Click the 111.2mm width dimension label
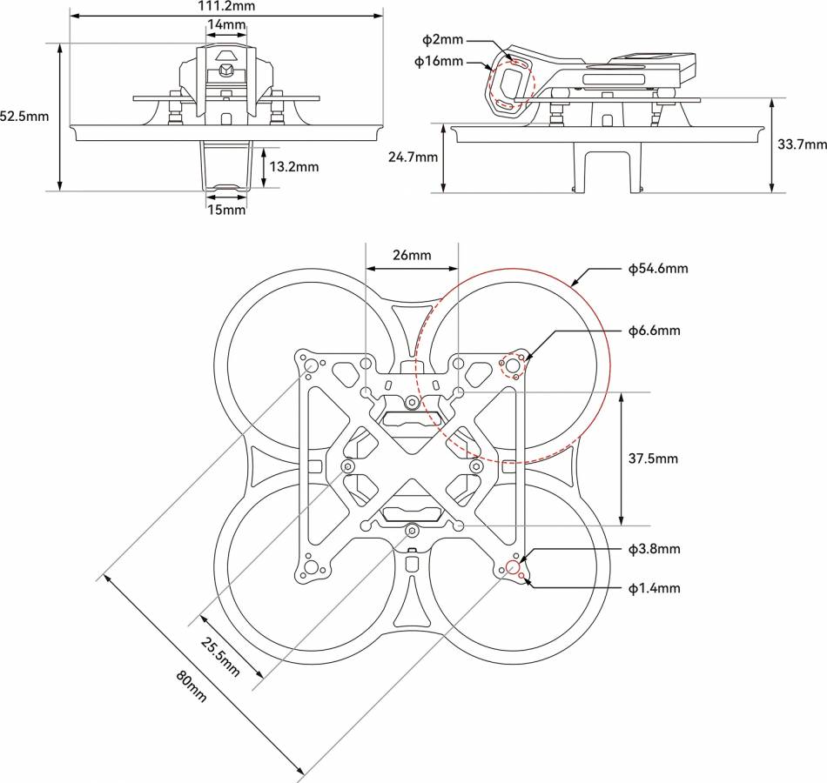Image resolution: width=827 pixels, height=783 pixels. point(225,5)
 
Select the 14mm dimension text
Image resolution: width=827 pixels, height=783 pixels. point(226,24)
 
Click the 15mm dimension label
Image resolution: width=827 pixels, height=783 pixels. point(226,209)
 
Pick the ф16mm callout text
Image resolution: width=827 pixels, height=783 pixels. point(439,62)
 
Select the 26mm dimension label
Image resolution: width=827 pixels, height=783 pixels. point(412,255)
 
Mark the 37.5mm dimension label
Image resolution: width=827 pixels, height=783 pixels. point(651,458)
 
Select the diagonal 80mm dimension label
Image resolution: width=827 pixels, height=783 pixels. point(192,686)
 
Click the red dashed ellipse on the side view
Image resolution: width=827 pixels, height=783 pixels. point(511,85)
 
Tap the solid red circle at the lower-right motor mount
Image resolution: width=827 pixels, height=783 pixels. point(513,568)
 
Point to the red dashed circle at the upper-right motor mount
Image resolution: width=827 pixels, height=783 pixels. point(513,365)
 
